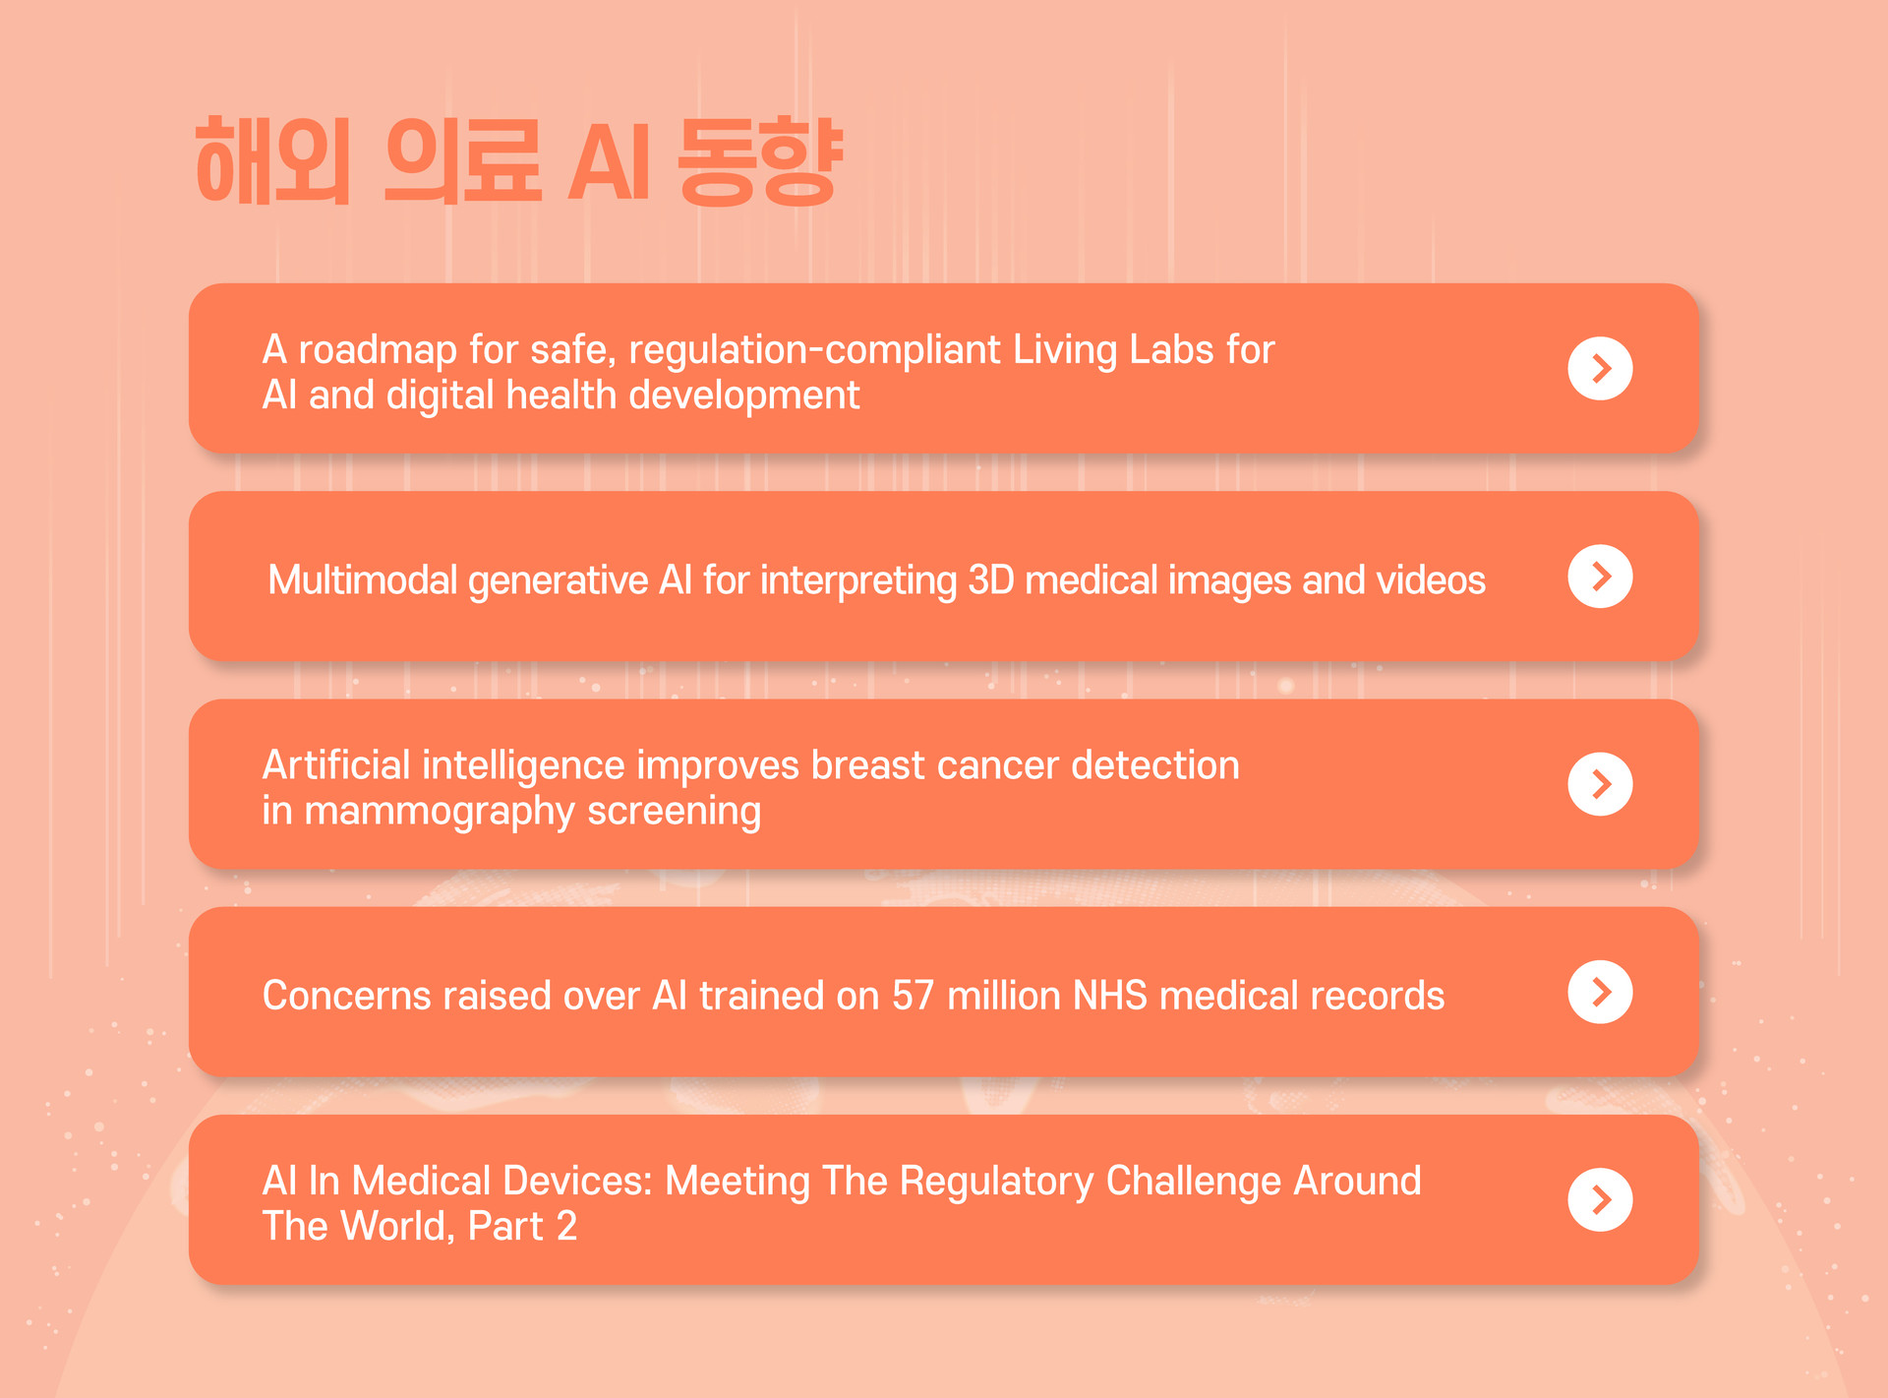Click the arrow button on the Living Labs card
click(1600, 369)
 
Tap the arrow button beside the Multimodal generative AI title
click(1600, 577)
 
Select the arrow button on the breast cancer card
click(1600, 784)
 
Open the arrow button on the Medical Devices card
click(1600, 1199)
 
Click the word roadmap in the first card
click(378, 351)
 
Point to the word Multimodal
click(363, 580)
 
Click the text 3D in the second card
click(991, 580)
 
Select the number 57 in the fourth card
click(913, 996)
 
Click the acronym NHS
click(1110, 996)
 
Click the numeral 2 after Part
click(566, 1227)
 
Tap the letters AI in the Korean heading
click(609, 162)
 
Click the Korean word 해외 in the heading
click(273, 160)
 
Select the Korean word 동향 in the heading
click(760, 160)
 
